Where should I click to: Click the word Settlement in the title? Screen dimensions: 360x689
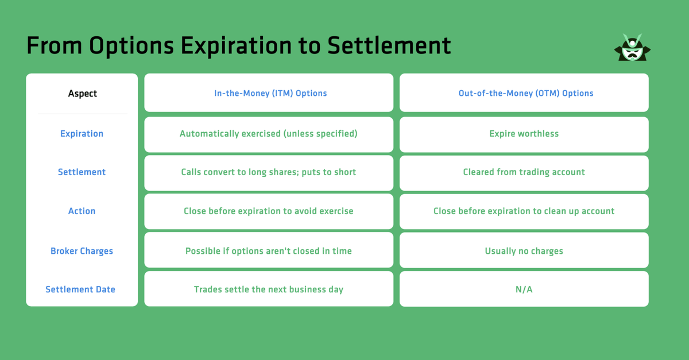tap(389, 46)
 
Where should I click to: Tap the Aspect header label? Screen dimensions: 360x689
tap(82, 94)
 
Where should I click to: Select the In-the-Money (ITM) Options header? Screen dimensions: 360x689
tap(270, 93)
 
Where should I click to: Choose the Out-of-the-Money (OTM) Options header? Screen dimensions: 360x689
tap(525, 93)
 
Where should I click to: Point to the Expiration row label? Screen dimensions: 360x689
tap(82, 134)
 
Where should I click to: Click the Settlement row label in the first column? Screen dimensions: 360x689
tap(82, 172)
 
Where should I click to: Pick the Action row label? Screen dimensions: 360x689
tap(82, 211)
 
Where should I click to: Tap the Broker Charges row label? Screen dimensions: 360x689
tap(82, 251)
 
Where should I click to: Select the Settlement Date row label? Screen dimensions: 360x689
tap(80, 289)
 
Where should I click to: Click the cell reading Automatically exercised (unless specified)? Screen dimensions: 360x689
tap(268, 134)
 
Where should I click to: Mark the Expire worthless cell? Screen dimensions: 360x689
tap(524, 134)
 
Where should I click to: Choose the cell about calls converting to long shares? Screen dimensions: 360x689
tap(268, 172)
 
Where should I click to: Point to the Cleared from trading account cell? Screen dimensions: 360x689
tap(524, 172)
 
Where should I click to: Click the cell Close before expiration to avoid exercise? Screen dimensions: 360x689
tap(268, 211)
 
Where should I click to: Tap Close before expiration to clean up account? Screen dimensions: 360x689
tap(524, 211)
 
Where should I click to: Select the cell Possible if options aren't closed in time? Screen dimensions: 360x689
tap(268, 251)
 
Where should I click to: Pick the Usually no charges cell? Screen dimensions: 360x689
tap(524, 251)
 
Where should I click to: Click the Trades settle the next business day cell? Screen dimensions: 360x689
tap(268, 289)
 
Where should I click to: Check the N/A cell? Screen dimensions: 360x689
tap(524, 289)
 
